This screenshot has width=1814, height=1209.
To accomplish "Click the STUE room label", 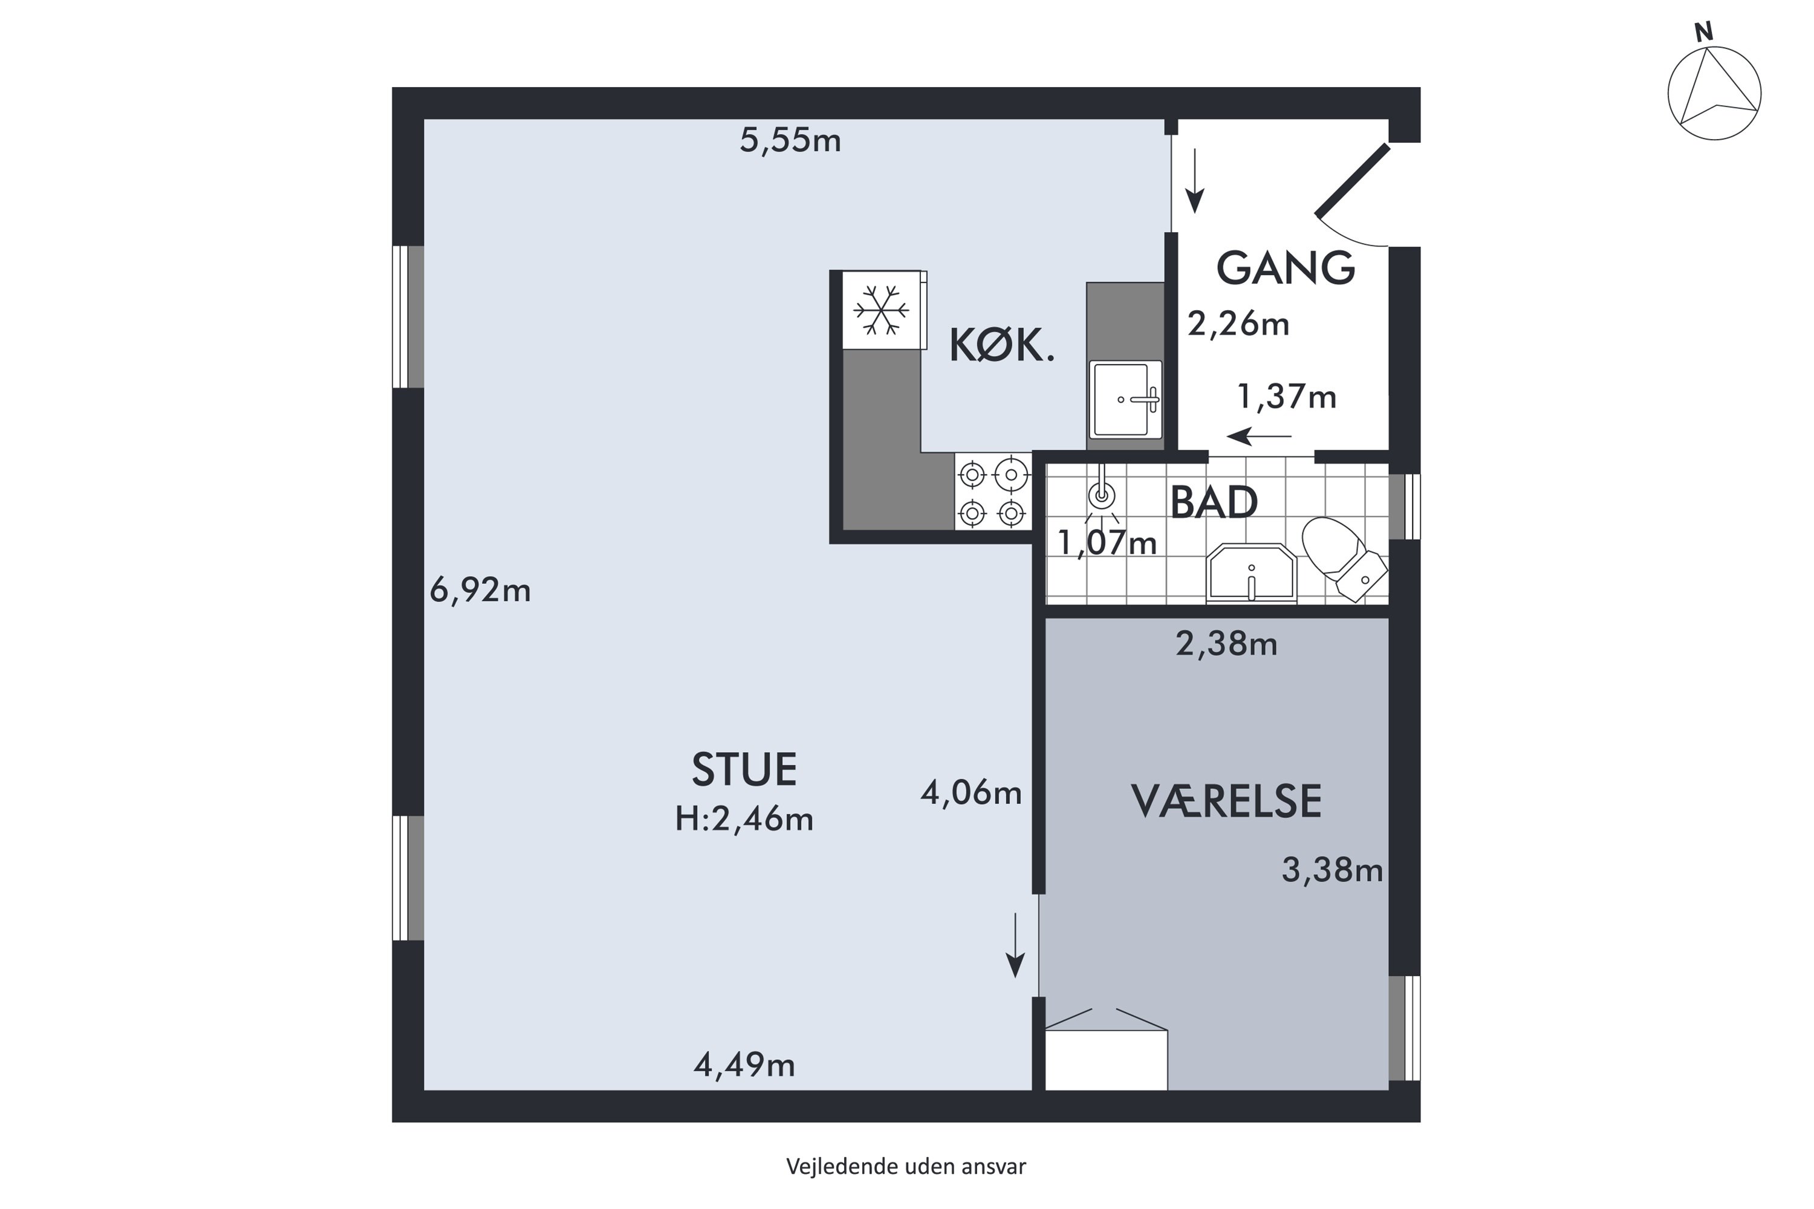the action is (x=744, y=770).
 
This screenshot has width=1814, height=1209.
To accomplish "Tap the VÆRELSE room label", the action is (x=1226, y=801).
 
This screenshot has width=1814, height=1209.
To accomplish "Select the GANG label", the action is (x=1286, y=268).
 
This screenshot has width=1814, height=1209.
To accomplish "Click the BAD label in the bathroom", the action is (x=1214, y=503).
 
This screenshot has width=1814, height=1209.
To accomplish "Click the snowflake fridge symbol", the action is (x=882, y=310).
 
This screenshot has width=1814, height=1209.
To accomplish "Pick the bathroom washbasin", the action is (x=1251, y=573).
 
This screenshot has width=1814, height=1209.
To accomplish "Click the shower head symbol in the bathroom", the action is (x=1102, y=493).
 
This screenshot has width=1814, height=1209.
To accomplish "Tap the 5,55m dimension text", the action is (x=790, y=140).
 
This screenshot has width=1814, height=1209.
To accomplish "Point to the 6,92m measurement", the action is (x=480, y=591).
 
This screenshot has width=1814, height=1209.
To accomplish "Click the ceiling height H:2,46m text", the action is (x=744, y=819).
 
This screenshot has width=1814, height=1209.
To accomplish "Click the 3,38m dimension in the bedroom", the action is (x=1332, y=870).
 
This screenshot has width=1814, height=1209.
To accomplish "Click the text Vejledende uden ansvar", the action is (x=906, y=1167).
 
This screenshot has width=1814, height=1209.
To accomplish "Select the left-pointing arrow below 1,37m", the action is (x=1259, y=436).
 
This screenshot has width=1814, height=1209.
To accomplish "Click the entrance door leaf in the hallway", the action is (x=1353, y=180).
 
